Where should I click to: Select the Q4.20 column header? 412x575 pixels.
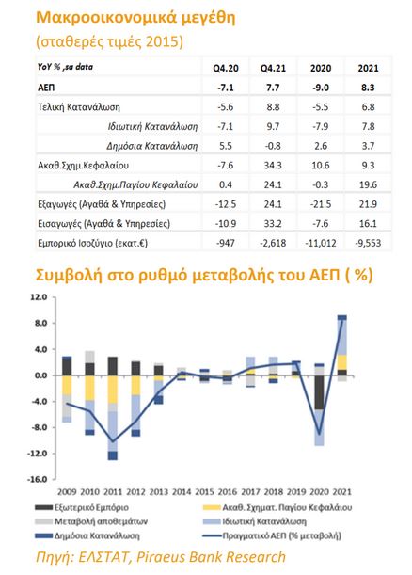click(223, 69)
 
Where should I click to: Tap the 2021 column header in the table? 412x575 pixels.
click(368, 69)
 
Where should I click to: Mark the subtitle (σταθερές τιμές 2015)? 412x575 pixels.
click(108, 42)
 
